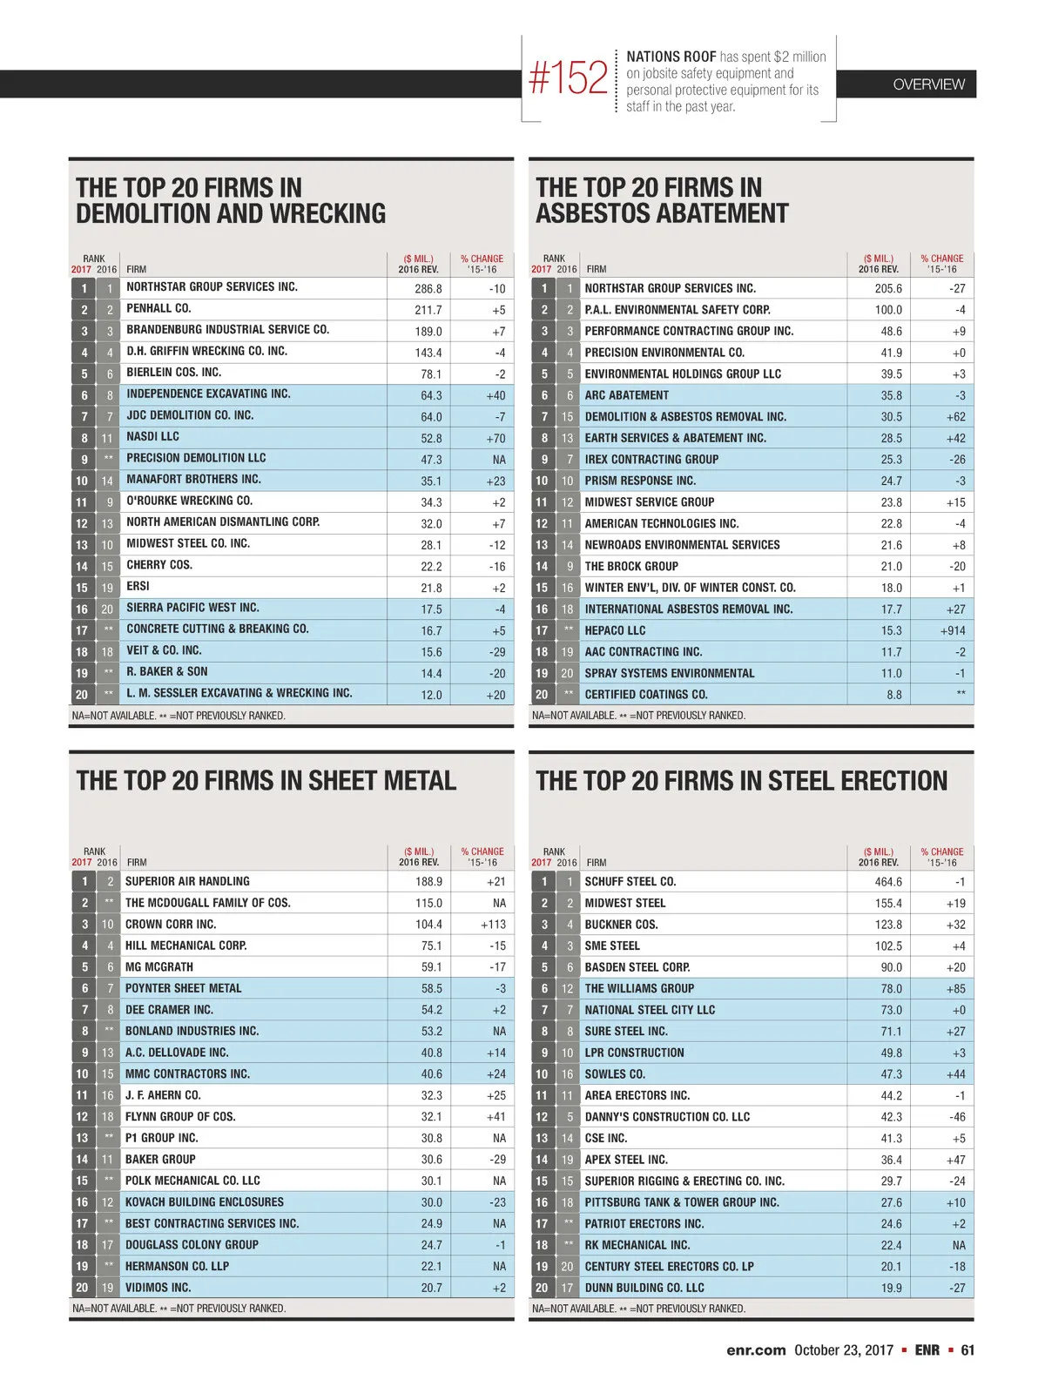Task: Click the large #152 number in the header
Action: pos(568,78)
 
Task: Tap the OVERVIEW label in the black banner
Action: pos(928,84)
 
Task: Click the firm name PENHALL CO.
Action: pos(158,308)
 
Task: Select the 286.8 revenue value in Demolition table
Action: pos(428,288)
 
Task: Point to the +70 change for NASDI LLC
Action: pos(496,438)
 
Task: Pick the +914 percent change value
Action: pos(952,630)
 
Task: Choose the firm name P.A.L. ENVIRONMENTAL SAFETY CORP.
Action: pos(678,309)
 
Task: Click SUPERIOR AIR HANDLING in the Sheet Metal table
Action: pos(187,881)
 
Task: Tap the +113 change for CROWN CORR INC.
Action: pos(493,925)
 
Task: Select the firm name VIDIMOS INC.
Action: pos(158,1288)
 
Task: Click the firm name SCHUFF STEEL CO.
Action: pos(630,881)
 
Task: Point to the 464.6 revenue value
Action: pos(888,882)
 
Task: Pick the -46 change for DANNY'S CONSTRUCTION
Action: pos(955,1117)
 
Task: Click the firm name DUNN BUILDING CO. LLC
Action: pos(644,1288)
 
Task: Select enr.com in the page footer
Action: pos(756,1350)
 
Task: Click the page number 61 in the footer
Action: pos(967,1350)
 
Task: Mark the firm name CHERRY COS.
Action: pos(159,565)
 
